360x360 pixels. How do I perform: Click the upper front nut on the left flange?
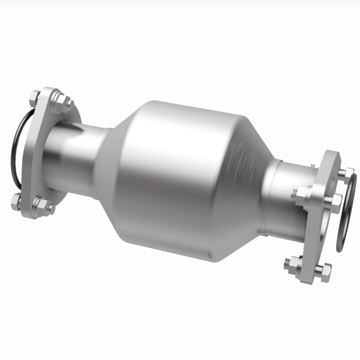pos(58,103)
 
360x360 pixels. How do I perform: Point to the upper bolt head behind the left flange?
pos(35,96)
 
